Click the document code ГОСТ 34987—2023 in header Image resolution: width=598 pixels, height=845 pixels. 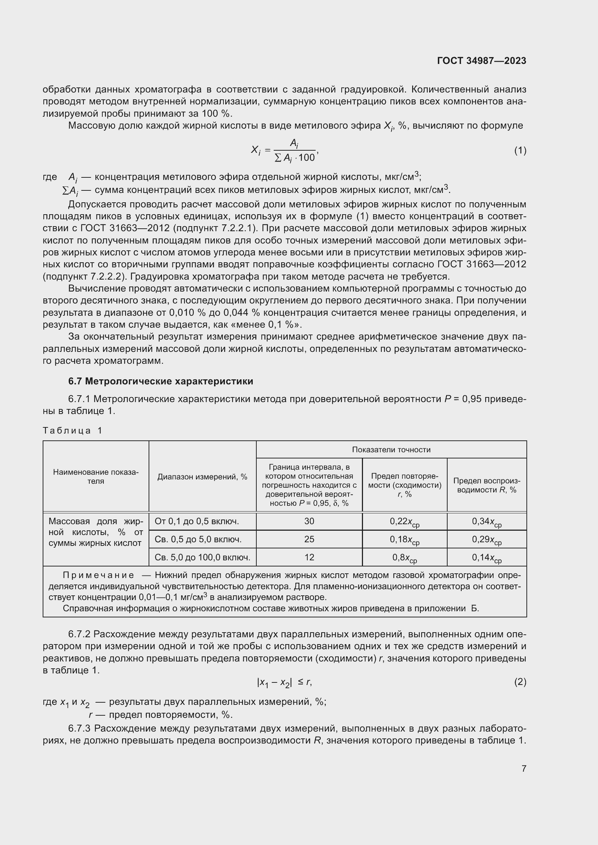click(x=481, y=61)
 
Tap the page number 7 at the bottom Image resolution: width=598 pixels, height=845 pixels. click(x=524, y=768)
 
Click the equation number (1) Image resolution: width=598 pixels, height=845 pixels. click(x=520, y=150)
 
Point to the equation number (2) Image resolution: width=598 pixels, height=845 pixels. click(x=520, y=682)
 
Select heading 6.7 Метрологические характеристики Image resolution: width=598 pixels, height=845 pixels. click(x=161, y=381)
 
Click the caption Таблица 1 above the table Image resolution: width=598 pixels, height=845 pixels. click(x=72, y=430)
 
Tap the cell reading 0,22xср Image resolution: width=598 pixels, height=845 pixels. click(x=404, y=522)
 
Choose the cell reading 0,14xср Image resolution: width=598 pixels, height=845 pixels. click(x=486, y=557)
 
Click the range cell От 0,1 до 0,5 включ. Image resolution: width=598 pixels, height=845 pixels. click(x=197, y=521)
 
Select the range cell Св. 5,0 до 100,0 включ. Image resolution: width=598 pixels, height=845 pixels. click(x=202, y=557)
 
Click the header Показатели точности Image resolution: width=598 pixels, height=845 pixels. click(x=391, y=449)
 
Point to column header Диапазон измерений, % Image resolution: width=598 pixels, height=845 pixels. click(x=202, y=477)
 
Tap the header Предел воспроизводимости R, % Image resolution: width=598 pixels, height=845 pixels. click(x=486, y=485)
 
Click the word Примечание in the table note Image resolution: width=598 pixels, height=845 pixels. click(x=98, y=575)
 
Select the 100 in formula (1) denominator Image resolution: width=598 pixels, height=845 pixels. click(x=306, y=158)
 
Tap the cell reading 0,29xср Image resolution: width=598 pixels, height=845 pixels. click(x=486, y=539)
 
